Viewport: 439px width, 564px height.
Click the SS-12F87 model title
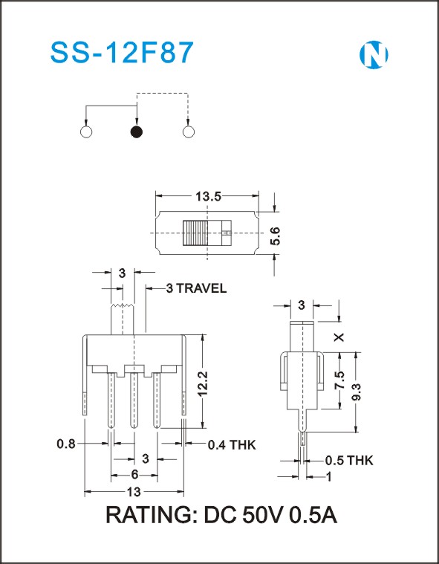(123, 53)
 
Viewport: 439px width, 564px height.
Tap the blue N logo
(374, 55)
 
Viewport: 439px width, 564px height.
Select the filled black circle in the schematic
(137, 132)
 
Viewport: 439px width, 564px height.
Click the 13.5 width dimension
(207, 196)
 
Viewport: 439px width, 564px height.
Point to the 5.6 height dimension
(275, 236)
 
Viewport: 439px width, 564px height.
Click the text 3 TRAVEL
(196, 288)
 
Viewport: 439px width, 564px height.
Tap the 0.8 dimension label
(66, 444)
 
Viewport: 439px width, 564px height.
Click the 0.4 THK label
(232, 445)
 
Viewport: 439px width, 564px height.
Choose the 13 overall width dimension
(134, 492)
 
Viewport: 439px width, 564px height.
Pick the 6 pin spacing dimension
(134, 475)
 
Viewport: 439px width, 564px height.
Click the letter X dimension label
(339, 337)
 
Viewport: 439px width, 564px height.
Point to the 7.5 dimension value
(339, 380)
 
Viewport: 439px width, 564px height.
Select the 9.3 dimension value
(357, 393)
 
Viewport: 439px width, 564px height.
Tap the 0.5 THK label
(349, 461)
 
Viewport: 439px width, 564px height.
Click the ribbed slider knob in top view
(195, 233)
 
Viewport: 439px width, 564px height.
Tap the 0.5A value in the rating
(313, 515)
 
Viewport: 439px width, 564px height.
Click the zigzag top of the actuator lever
(123, 305)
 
